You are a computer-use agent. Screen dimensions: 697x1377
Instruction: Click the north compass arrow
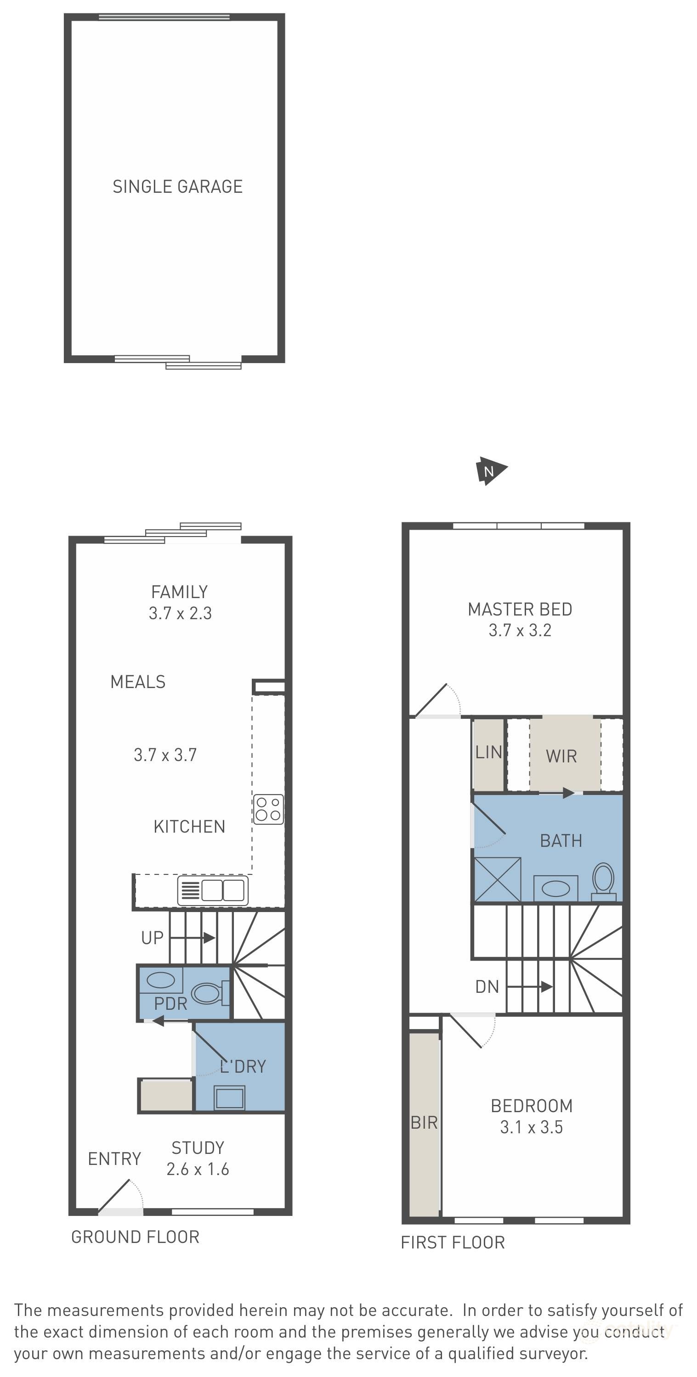(x=491, y=470)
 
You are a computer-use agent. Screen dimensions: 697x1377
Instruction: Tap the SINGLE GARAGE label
(x=178, y=186)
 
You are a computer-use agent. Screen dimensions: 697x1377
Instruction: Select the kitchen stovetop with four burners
(x=268, y=809)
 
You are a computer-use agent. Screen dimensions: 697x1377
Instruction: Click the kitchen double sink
(x=213, y=890)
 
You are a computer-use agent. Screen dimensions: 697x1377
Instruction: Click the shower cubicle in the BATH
(x=498, y=880)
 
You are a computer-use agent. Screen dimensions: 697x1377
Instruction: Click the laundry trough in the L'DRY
(x=229, y=1097)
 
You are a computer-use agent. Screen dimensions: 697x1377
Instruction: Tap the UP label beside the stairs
(x=152, y=938)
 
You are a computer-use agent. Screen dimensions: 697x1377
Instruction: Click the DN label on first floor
(x=487, y=987)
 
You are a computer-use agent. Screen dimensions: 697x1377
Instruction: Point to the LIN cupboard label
(x=488, y=752)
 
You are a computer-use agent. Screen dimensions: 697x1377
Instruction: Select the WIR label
(x=561, y=756)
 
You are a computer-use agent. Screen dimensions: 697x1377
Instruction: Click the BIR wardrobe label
(x=424, y=1123)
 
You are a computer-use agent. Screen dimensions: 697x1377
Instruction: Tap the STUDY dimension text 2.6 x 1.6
(x=198, y=1170)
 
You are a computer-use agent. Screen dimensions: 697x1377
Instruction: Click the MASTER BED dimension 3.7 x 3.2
(x=520, y=630)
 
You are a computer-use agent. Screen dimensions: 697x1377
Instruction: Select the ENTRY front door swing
(x=121, y=1196)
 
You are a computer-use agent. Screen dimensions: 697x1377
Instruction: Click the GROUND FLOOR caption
(x=136, y=1237)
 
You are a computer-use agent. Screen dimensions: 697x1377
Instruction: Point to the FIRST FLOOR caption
(x=453, y=1243)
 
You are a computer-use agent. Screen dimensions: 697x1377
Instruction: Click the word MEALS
(x=138, y=682)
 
